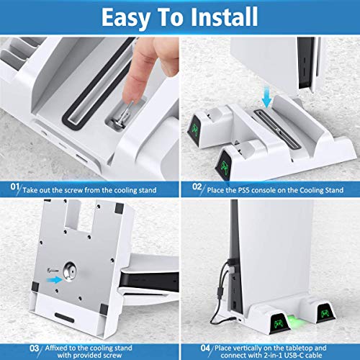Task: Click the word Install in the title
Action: coord(225,17)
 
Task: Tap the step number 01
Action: coord(14,186)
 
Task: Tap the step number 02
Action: coord(197,186)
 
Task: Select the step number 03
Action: coord(35,348)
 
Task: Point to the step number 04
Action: coord(205,348)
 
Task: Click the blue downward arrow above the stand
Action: coord(266,99)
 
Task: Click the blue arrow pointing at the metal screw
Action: coord(55,279)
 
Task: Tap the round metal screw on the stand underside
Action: coord(70,271)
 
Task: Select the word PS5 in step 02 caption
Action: coord(244,190)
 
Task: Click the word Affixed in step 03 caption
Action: coord(55,348)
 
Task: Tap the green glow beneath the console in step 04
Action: coord(295,325)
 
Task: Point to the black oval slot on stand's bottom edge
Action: coord(64,318)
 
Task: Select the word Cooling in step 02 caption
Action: coord(312,190)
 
